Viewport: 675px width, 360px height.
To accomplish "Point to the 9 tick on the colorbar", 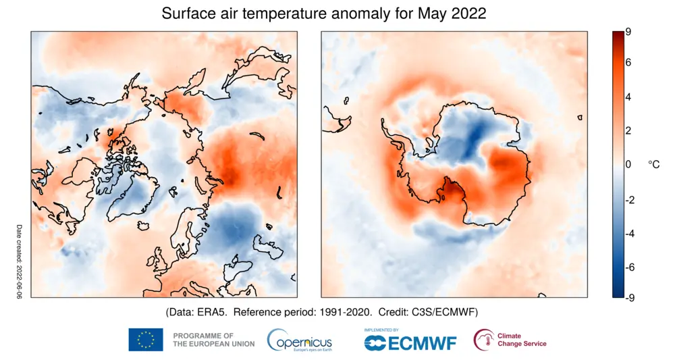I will (628, 32).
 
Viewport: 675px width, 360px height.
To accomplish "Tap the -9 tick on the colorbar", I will (627, 297).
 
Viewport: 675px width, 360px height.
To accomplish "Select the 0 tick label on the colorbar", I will (628, 165).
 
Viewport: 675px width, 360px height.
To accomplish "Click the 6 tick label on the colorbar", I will (628, 63).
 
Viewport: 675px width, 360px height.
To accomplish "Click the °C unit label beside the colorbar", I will (653, 164).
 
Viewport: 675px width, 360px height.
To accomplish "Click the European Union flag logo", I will (146, 340).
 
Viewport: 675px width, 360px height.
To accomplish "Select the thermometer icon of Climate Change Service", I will (483, 340).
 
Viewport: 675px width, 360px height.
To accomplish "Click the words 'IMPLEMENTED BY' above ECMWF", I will (382, 330).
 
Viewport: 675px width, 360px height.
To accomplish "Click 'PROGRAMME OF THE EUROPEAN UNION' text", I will (214, 340).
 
